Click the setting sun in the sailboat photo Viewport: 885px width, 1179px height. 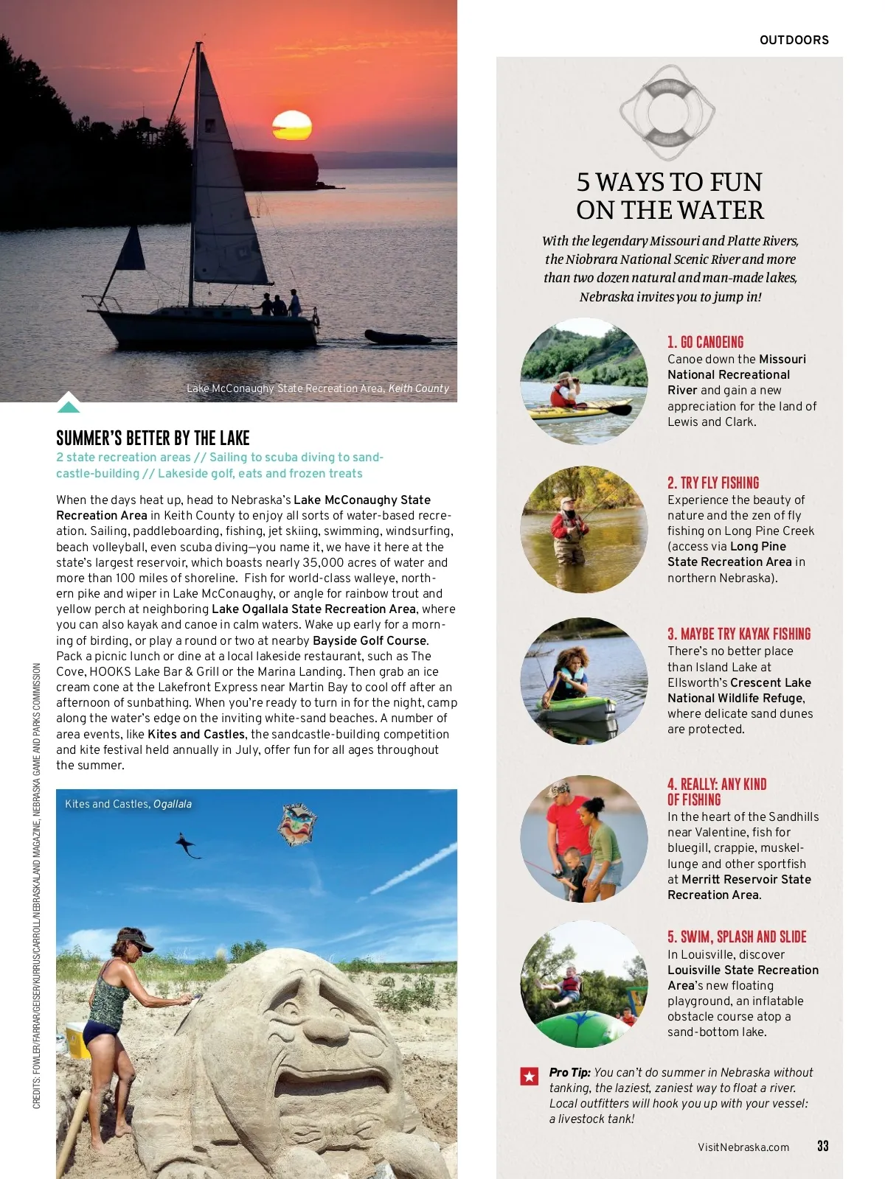[292, 125]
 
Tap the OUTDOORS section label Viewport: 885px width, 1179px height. [794, 41]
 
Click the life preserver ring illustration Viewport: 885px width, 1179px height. [667, 111]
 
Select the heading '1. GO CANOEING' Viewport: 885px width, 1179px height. [705, 342]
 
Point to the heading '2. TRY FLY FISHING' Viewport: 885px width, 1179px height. [712, 483]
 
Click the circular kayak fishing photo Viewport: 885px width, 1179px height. [583, 680]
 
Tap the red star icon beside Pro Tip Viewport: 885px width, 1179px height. [530, 1077]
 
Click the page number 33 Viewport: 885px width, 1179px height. [822, 1146]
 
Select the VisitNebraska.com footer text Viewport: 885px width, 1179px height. [743, 1147]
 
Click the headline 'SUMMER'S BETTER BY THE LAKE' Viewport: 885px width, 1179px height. [153, 438]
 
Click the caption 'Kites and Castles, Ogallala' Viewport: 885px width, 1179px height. [128, 804]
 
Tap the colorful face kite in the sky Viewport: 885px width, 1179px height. [297, 824]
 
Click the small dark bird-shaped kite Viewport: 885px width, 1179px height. [188, 845]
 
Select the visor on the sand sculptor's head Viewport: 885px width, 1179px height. [137, 940]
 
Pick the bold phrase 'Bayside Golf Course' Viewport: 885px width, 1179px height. [369, 640]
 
